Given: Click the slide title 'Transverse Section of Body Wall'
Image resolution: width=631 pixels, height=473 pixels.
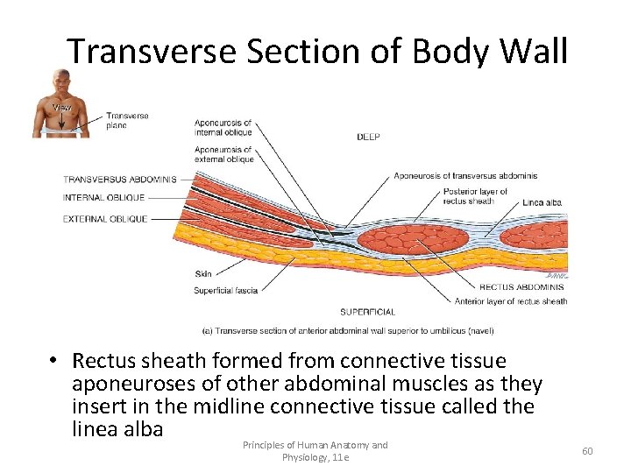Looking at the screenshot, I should click(x=317, y=52).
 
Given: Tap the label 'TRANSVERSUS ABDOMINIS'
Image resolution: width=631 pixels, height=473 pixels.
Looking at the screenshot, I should click(x=119, y=180).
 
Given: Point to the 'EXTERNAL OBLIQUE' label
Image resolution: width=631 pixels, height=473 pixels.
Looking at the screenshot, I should click(x=105, y=219).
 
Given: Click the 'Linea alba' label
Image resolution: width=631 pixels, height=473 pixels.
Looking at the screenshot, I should click(x=542, y=202).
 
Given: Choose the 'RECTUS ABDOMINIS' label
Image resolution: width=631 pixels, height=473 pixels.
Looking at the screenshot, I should click(x=521, y=287).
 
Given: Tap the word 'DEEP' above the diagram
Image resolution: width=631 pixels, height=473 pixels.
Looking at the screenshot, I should click(x=368, y=138).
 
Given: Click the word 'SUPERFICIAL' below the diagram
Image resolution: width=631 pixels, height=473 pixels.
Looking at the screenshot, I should click(x=367, y=312).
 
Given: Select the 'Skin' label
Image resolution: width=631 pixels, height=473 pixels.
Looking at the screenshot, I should click(x=202, y=274).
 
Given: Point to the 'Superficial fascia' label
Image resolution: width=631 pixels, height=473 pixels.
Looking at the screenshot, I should click(x=225, y=291).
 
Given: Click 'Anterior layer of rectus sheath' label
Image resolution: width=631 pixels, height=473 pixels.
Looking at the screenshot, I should click(x=510, y=302).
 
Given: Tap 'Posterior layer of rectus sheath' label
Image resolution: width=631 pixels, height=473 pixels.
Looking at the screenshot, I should click(x=475, y=196).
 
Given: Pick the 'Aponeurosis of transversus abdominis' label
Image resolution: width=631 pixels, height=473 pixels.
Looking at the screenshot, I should click(x=464, y=176).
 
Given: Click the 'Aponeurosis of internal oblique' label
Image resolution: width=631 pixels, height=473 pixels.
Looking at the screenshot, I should click(x=223, y=127).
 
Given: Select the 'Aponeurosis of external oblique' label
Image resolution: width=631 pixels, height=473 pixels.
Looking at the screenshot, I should click(x=223, y=154).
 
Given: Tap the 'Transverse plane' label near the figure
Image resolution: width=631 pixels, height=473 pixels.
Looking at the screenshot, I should click(x=128, y=120).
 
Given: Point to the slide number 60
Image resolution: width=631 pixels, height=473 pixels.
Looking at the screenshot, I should click(x=587, y=451).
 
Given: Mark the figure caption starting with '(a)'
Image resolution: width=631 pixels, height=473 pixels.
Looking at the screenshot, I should click(x=347, y=331).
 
